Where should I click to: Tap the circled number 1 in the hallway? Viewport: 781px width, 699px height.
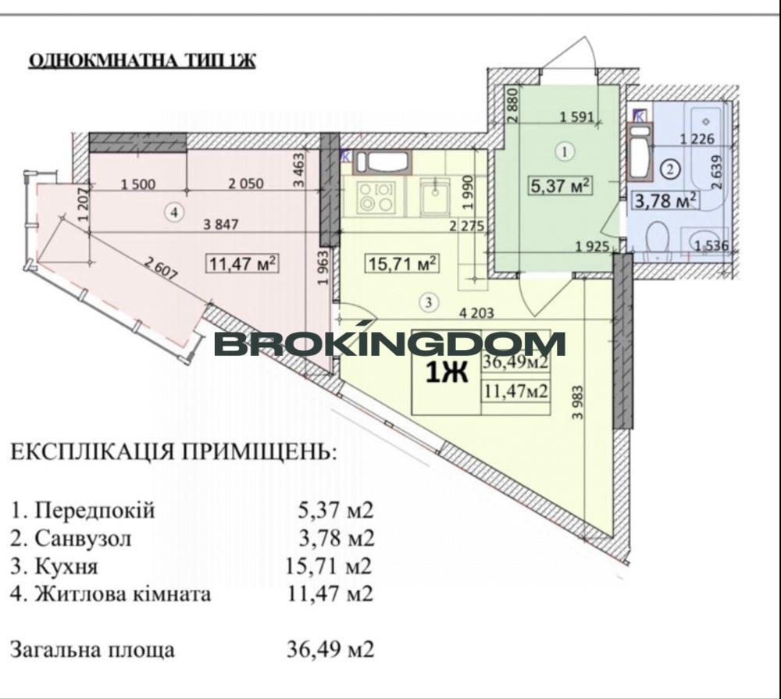click(565, 152)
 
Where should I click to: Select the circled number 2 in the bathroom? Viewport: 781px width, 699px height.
click(670, 169)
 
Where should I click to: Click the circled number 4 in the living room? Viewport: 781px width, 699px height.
click(174, 212)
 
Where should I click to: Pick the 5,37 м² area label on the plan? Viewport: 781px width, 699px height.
click(560, 186)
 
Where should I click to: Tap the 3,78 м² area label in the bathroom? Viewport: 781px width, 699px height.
click(665, 201)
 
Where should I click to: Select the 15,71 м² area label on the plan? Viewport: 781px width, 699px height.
click(402, 262)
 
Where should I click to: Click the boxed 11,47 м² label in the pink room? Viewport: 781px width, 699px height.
click(243, 262)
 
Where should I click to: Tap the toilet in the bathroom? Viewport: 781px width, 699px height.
click(657, 241)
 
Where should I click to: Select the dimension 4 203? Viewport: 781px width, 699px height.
click(476, 313)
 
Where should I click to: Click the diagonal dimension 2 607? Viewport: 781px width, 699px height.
click(160, 269)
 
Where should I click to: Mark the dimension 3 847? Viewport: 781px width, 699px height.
click(221, 225)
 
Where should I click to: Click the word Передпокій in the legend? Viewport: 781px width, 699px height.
click(95, 510)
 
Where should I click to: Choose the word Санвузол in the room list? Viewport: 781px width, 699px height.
click(84, 538)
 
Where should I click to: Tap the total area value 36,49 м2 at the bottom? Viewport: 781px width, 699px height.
click(330, 649)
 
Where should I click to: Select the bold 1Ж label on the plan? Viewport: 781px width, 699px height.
click(447, 373)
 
